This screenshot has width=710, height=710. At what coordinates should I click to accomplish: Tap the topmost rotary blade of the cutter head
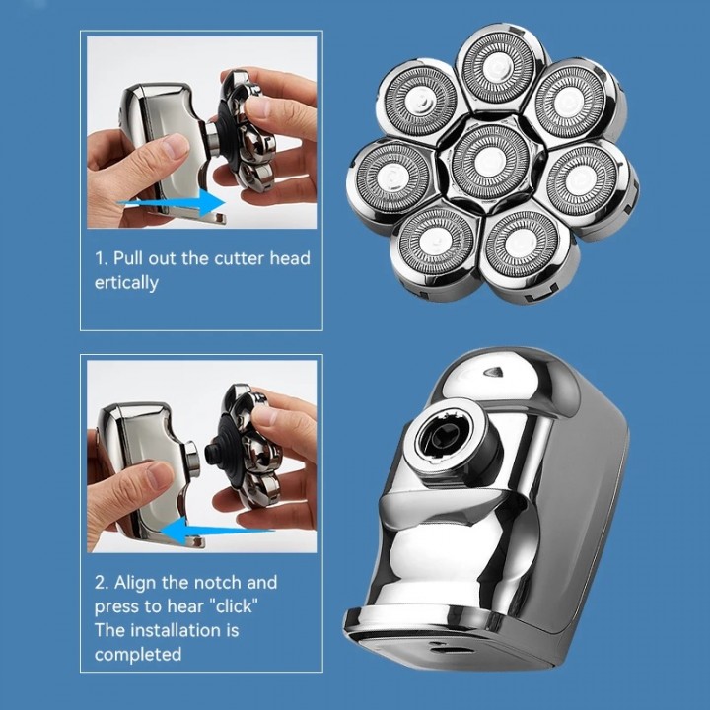[x=501, y=66]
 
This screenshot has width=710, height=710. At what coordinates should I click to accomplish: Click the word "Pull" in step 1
[x=134, y=258]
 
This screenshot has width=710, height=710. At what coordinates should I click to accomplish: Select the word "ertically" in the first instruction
[x=126, y=283]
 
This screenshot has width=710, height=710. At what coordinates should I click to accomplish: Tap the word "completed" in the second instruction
[x=138, y=654]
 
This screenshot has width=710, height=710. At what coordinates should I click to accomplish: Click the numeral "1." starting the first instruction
[x=101, y=258]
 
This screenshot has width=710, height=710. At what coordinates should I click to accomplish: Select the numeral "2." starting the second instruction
[x=102, y=582]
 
